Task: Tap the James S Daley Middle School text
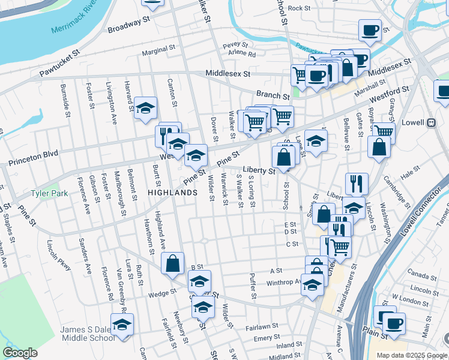88,334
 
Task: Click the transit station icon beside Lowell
430,122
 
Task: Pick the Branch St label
273,95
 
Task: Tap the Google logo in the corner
20,353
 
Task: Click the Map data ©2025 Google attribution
412,355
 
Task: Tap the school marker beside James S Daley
122,325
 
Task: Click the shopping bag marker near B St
172,263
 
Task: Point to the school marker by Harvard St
145,109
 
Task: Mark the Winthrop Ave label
284,282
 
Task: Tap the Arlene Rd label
243,54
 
